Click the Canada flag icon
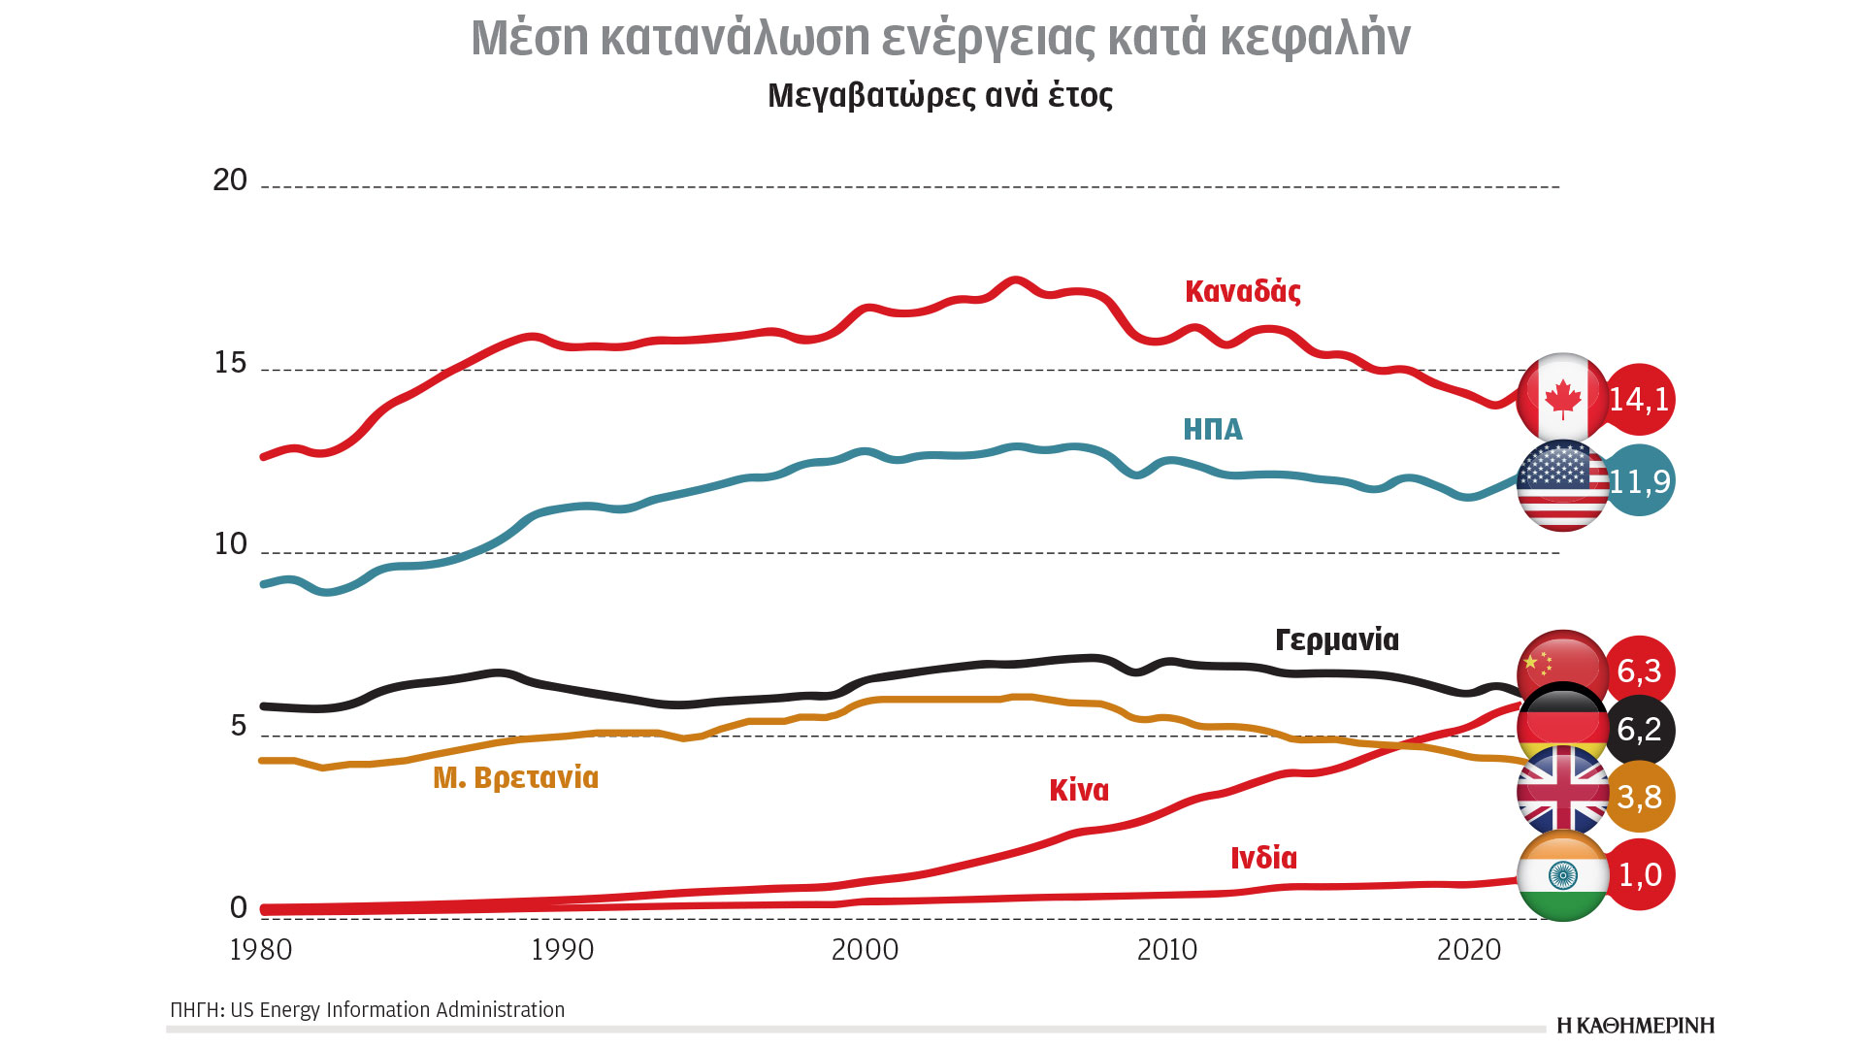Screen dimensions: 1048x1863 1562,399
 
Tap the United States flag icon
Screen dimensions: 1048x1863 1562,484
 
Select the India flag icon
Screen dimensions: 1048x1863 1562,875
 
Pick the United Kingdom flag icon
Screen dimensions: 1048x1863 1562,792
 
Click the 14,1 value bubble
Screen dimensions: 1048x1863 1640,399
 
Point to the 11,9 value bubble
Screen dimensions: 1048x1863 1641,480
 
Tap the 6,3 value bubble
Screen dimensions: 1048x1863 1640,671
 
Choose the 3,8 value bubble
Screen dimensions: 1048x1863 1640,797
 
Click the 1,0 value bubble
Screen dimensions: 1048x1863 1640,875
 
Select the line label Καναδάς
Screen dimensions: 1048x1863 1242,291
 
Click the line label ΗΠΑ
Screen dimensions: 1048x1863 1212,429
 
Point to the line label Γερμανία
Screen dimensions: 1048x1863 1336,639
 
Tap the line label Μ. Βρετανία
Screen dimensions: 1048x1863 515,777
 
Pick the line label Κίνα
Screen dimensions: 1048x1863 1078,790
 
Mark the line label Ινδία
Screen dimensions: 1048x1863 1263,858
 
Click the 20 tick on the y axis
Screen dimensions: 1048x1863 230,180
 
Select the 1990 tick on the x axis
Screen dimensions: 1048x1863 562,949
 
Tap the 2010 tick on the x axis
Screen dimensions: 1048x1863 1166,949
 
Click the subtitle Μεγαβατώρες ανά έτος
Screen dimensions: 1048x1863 939,95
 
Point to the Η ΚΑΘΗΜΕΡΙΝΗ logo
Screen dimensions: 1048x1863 1635,1026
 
